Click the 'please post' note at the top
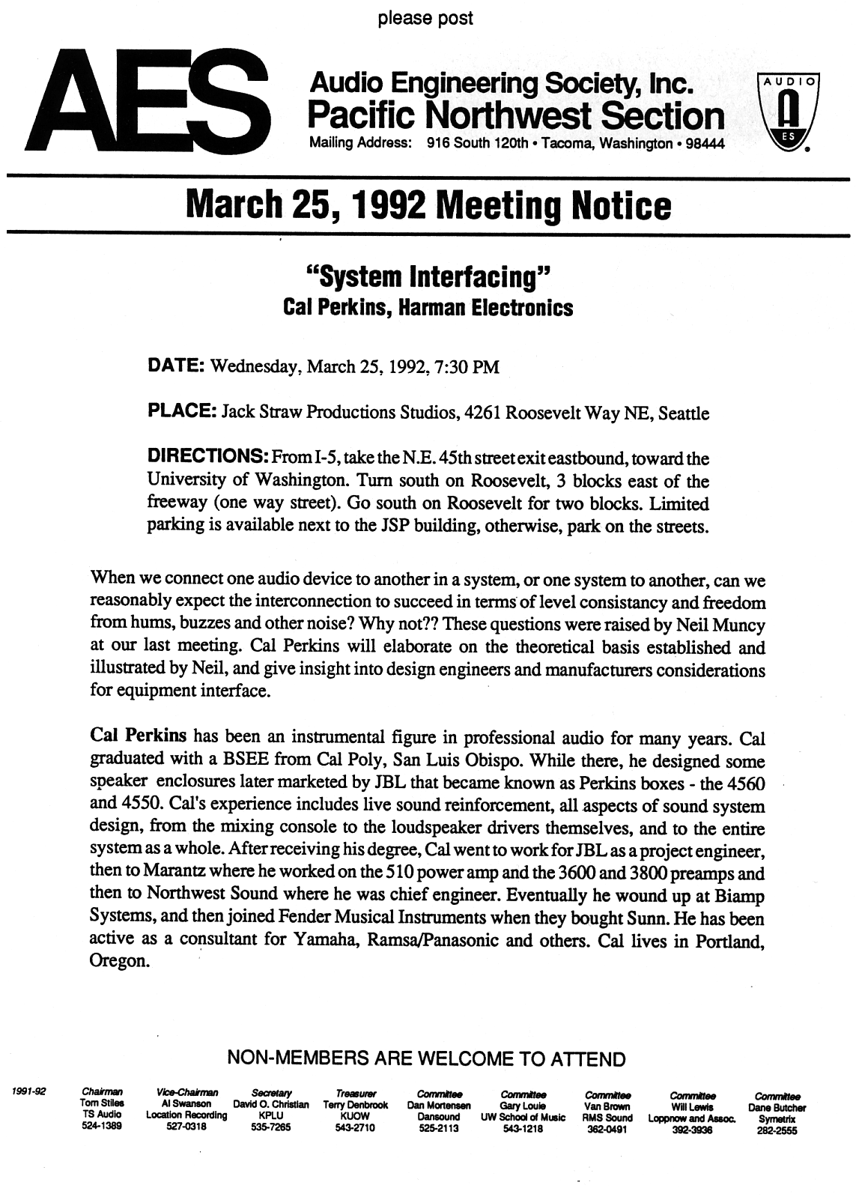[x=425, y=17]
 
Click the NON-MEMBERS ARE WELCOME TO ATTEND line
[x=425, y=1058]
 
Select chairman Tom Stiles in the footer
[x=102, y=1104]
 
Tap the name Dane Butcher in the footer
[x=777, y=1107]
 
